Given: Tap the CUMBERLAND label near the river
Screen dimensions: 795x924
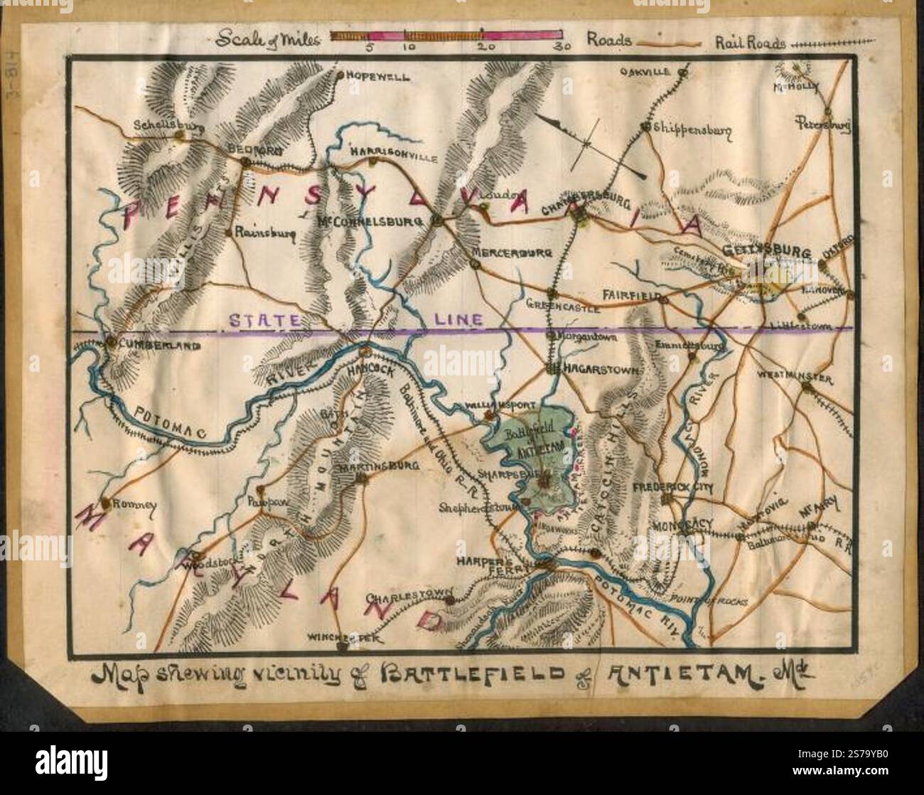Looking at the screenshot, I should pyautogui.click(x=149, y=345).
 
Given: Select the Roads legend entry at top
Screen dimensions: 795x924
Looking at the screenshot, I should pyautogui.click(x=609, y=41).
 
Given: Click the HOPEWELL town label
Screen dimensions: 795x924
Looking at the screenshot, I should pyautogui.click(x=377, y=76).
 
